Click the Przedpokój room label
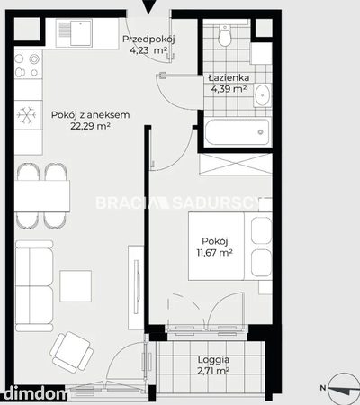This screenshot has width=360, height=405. [x=148, y=39]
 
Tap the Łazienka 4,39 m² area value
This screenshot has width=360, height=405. [x=229, y=89]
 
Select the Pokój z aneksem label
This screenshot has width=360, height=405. [x=90, y=115]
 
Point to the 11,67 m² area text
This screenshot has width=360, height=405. [x=214, y=253]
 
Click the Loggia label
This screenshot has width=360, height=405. [x=213, y=359]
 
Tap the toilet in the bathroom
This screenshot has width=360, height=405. [x=224, y=35]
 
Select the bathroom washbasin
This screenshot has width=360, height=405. [x=263, y=95]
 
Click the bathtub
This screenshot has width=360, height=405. [x=238, y=132]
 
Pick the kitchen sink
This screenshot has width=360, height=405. [x=74, y=33]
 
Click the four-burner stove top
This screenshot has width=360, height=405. [x=28, y=65]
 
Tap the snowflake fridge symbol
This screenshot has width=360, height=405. [x=27, y=115]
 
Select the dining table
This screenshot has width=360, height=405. [x=42, y=196]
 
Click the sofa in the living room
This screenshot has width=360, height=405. [x=34, y=286]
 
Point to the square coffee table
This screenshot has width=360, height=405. [x=76, y=286]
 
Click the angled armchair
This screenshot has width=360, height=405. [x=72, y=352]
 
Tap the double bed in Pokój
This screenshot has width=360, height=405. [x=230, y=246]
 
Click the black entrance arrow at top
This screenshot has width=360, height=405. [x=148, y=7]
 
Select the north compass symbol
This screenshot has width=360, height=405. [x=343, y=389]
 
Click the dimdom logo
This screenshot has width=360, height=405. [x=33, y=393]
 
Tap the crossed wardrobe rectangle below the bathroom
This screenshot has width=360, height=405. [x=235, y=164]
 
